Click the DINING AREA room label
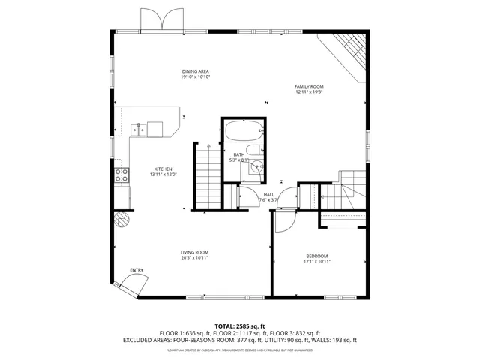coord(194,71)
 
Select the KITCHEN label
coord(163,169)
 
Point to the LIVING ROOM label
coord(194,252)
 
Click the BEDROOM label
coord(316,256)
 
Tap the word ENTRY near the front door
coord(136,270)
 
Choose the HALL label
coord(268,194)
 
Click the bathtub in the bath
coord(243,130)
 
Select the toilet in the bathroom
coord(256,167)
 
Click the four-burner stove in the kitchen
coord(121,176)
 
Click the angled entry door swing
coord(133,286)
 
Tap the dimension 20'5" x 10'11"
coord(194,258)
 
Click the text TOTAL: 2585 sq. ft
coord(240,325)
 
